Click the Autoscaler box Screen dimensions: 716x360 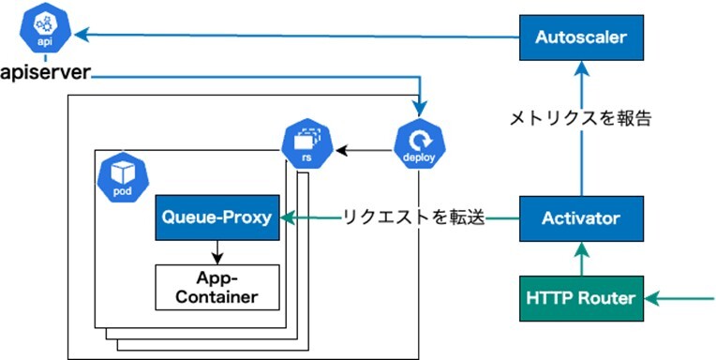coord(581,37)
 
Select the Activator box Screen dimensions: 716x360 coord(581,218)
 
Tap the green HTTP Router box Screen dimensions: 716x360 coord(581,298)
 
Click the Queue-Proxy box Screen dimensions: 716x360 coord(216,217)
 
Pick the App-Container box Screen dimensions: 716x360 coord(216,288)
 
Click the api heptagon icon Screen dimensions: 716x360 coord(44,31)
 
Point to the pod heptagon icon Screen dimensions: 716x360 coord(123,177)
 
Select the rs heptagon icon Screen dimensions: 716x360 coord(306,145)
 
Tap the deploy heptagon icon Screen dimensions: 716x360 coord(418,145)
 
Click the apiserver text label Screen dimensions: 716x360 coord(46,73)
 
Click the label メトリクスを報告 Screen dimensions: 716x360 coord(580,119)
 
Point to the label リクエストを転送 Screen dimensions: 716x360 coord(413,217)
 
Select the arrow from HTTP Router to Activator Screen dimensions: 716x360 coord(581,259)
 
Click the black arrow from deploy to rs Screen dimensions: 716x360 coord(364,149)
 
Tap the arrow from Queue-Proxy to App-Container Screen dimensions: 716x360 coord(216,252)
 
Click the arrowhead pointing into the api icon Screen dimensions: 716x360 coord(81,35)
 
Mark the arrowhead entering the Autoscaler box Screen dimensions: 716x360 coord(581,67)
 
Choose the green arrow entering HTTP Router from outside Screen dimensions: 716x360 coord(679,299)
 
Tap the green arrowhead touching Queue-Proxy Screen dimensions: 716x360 coord(287,218)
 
